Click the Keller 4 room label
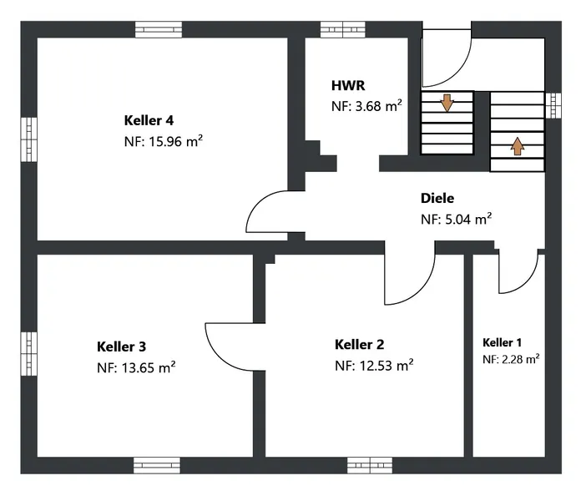tap(149, 121)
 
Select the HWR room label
tap(348, 86)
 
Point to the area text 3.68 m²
tap(378, 106)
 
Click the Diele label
tap(437, 198)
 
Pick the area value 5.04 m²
tap(468, 219)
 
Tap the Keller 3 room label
tap(122, 347)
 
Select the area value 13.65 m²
tap(149, 367)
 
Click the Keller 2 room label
tap(360, 344)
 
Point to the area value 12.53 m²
tap(386, 365)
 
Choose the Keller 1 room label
tap(502, 342)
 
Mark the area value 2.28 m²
tap(520, 359)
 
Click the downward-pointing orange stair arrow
tap(447, 104)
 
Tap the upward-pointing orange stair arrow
tap(518, 146)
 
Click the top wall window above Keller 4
tap(159, 29)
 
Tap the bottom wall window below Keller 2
tap(370, 465)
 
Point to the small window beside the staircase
tap(553, 105)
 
